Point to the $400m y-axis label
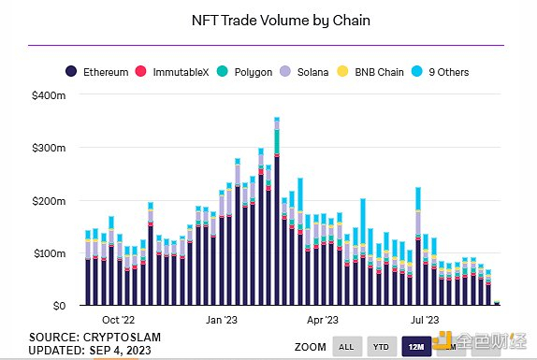(x=49, y=95)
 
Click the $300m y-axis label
(x=49, y=148)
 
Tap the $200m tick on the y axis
(x=49, y=201)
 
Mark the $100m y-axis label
(x=49, y=253)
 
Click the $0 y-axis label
(x=57, y=306)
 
